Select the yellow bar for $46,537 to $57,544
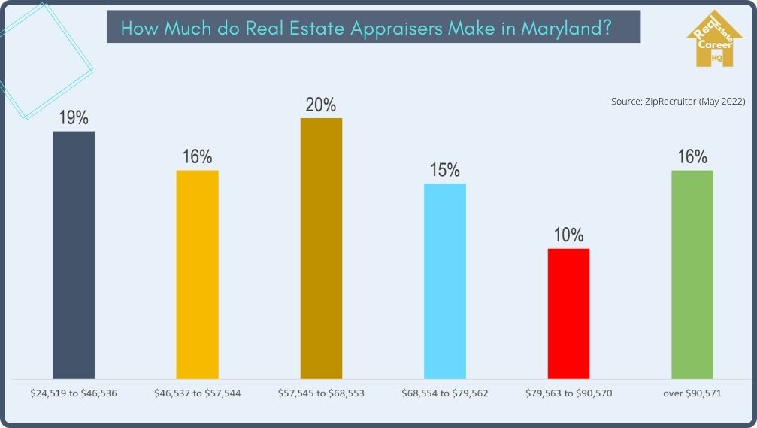pyautogui.click(x=198, y=274)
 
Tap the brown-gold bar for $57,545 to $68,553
pyautogui.click(x=321, y=247)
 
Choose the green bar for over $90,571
pyautogui.click(x=692, y=274)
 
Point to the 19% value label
pyautogui.click(x=74, y=118)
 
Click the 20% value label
pyautogui.click(x=321, y=105)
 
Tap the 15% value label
pyautogui.click(x=445, y=171)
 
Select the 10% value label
pyautogui.click(x=569, y=235)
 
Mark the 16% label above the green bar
pyautogui.click(x=692, y=157)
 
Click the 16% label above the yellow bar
pyautogui.click(x=198, y=157)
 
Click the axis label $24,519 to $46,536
pyautogui.click(x=74, y=393)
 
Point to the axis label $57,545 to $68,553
pyautogui.click(x=321, y=393)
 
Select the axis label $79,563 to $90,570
pyautogui.click(x=569, y=393)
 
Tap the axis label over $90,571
pyautogui.click(x=692, y=393)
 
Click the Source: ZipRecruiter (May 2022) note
pyautogui.click(x=677, y=102)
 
